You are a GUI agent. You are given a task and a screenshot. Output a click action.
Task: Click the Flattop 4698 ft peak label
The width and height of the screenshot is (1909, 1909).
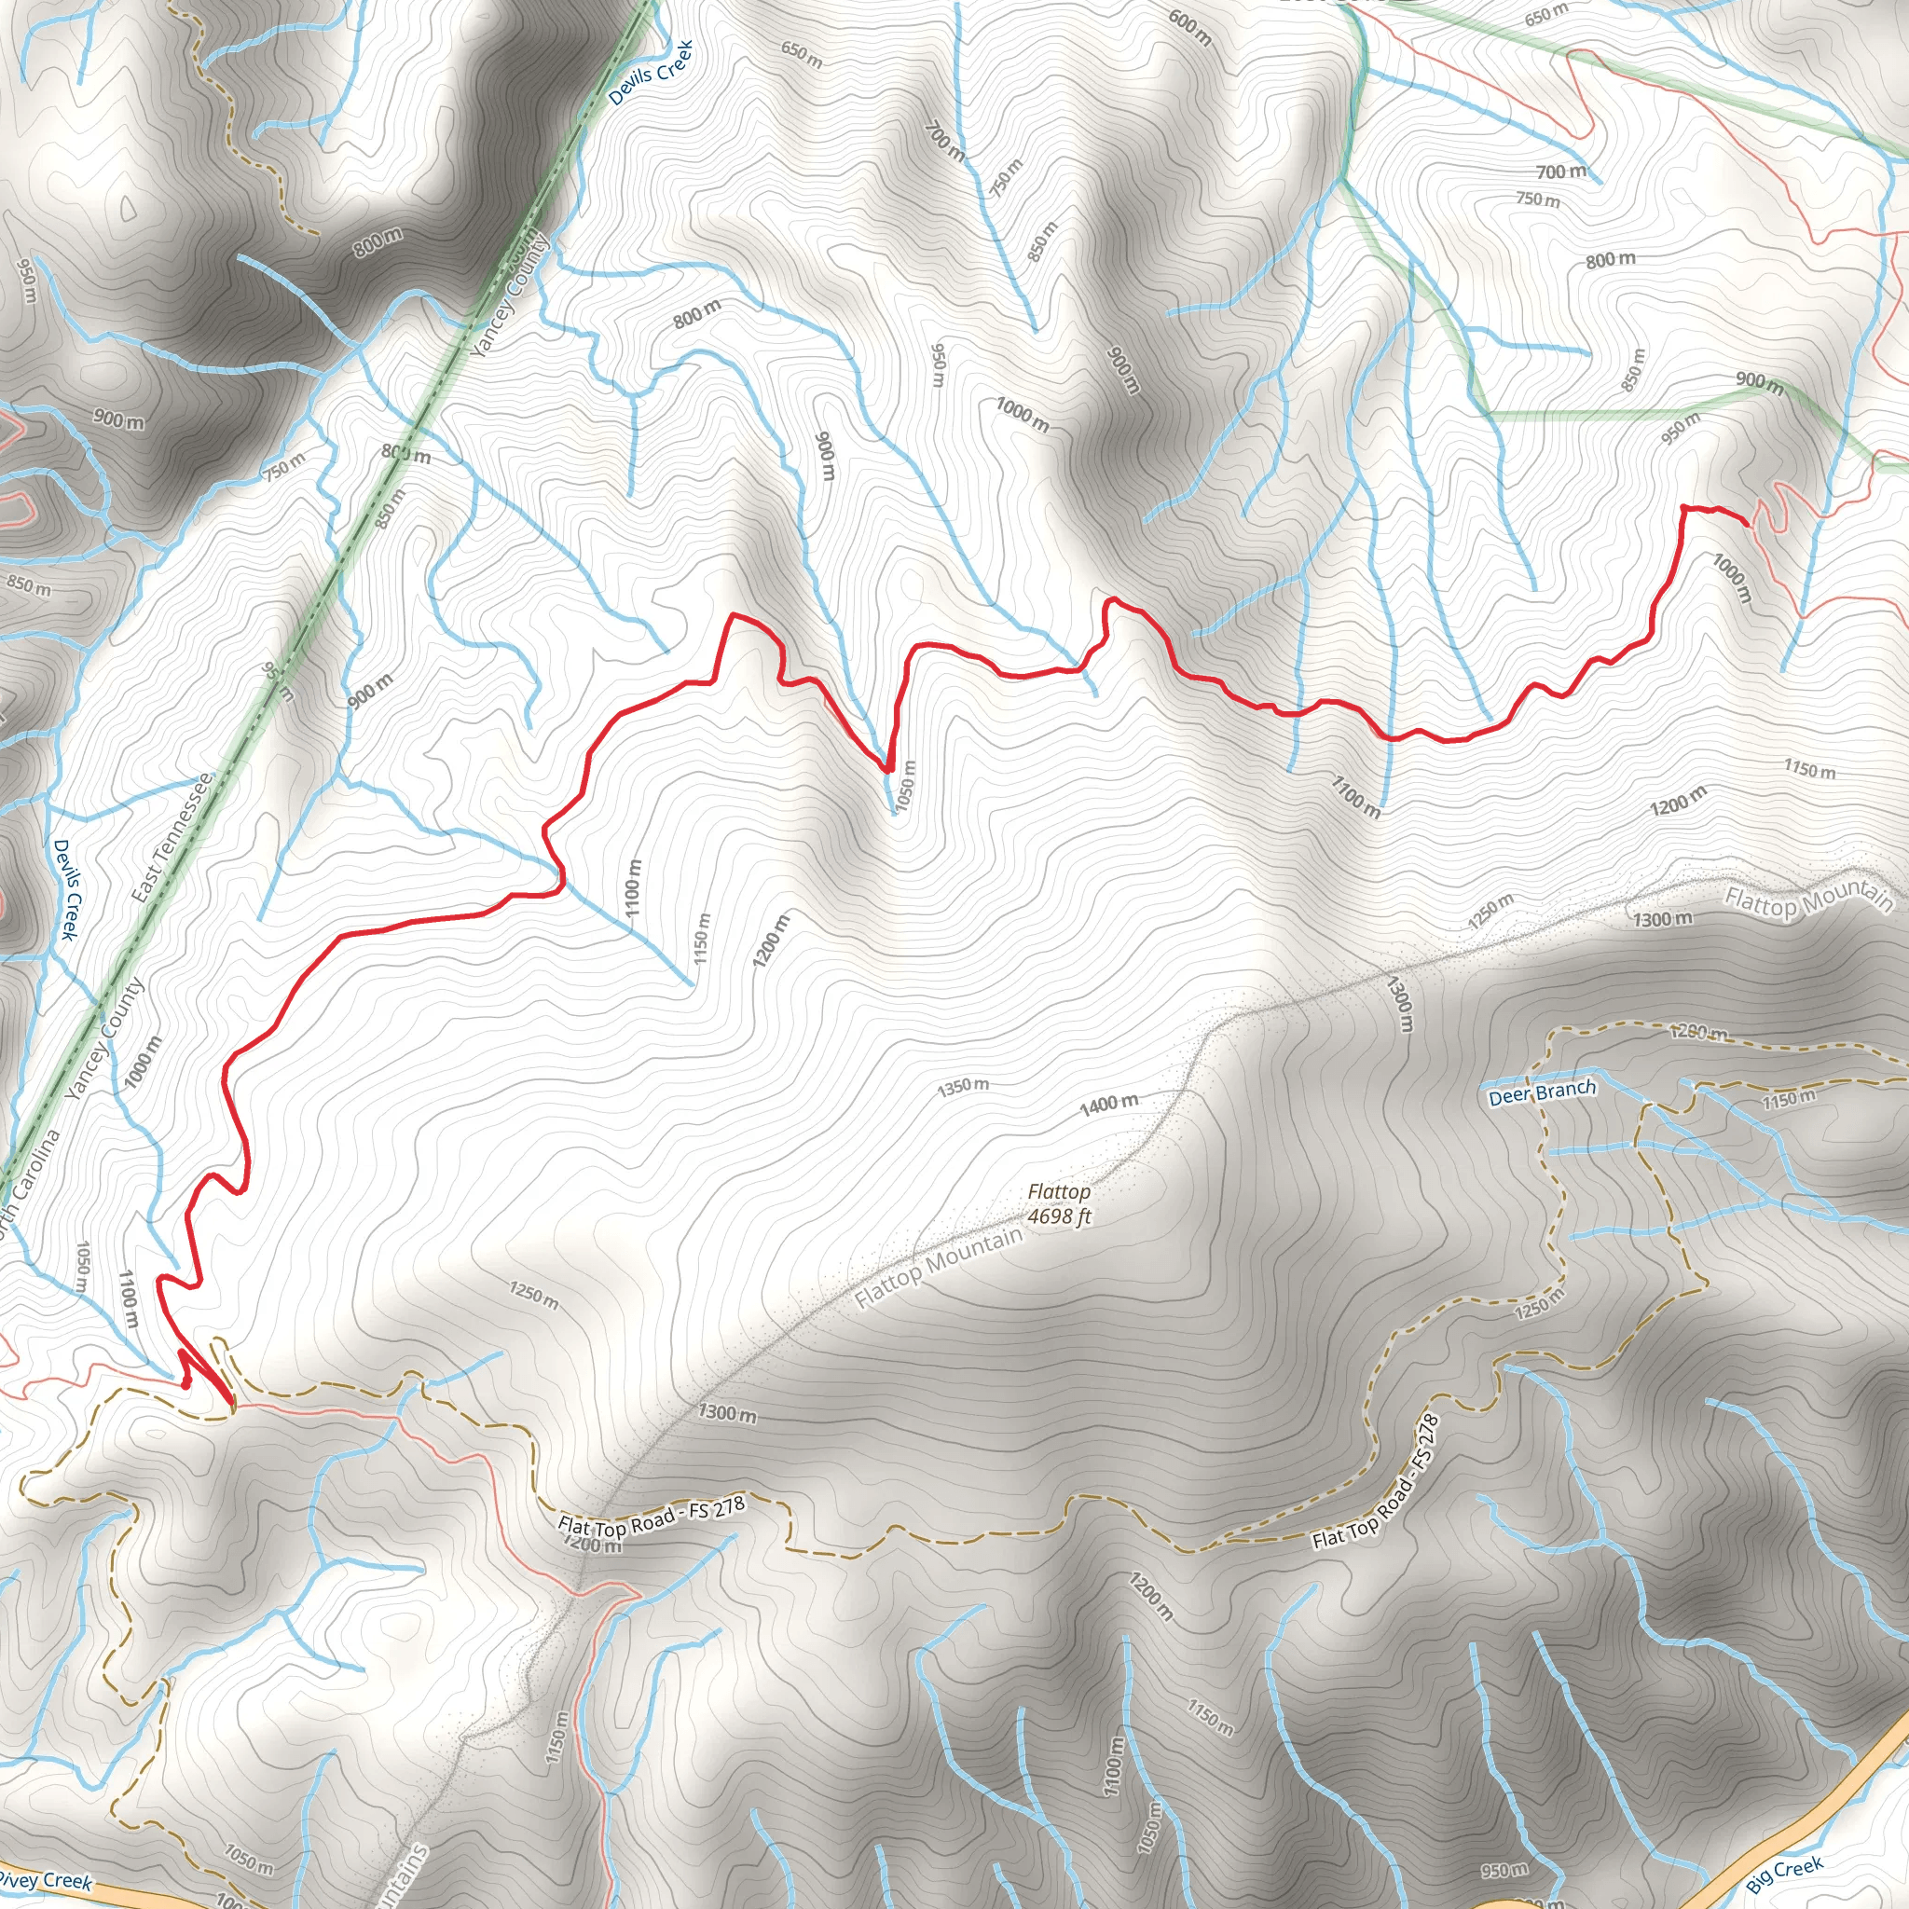point(1058,1204)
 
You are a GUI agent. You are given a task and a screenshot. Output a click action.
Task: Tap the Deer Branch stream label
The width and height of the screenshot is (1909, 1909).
point(1542,1092)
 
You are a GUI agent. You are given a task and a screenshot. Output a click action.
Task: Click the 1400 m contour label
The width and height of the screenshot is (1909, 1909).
point(1107,1105)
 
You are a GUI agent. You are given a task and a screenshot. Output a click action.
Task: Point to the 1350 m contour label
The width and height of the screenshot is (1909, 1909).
point(962,1086)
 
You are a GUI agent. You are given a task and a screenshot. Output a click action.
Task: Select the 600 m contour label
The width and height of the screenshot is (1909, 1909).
point(1189,27)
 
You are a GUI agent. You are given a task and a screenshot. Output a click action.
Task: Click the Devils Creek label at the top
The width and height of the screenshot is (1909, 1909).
point(651,72)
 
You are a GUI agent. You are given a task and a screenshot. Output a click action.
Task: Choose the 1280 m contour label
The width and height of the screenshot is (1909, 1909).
point(1698,1034)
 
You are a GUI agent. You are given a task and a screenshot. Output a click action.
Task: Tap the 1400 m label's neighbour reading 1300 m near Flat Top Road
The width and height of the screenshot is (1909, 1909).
point(727,1413)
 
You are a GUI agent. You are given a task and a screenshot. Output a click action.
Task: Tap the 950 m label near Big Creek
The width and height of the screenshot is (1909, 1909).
point(1504,1870)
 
